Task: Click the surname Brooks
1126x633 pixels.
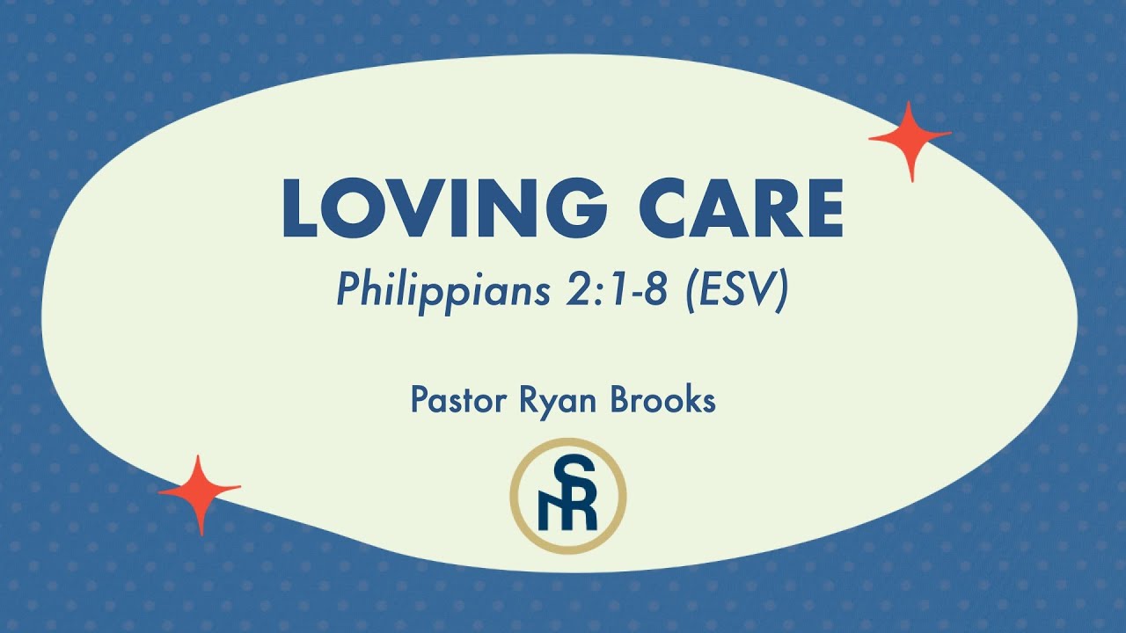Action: coord(657,400)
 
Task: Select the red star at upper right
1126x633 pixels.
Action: coord(910,139)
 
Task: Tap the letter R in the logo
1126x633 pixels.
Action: coord(581,512)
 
